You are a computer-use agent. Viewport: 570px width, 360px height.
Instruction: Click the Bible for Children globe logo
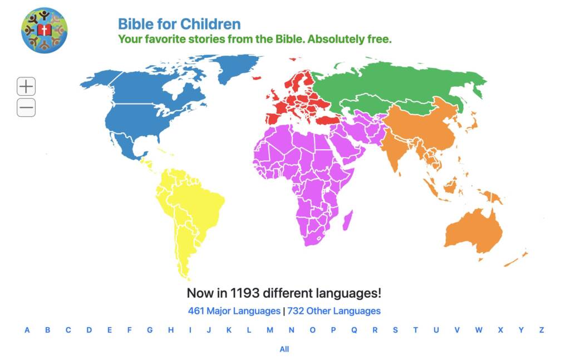(43, 31)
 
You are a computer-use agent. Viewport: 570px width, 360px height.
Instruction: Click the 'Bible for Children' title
(179, 24)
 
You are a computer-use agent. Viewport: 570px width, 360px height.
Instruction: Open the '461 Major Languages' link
(234, 311)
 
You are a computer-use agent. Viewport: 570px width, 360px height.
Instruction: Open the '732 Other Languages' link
(334, 311)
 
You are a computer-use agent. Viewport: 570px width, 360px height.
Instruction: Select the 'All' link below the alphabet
(284, 349)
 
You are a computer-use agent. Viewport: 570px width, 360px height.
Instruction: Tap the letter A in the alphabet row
(27, 330)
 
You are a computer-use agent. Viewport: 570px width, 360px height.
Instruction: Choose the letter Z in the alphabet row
(541, 330)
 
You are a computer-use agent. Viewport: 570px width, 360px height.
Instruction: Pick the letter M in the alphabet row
(270, 330)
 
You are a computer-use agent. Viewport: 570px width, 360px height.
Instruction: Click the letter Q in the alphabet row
(354, 330)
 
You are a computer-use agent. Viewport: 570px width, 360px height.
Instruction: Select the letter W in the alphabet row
(479, 330)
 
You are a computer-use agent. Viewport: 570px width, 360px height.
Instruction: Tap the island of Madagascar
(347, 220)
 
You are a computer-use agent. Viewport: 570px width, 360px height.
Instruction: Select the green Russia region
(401, 83)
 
